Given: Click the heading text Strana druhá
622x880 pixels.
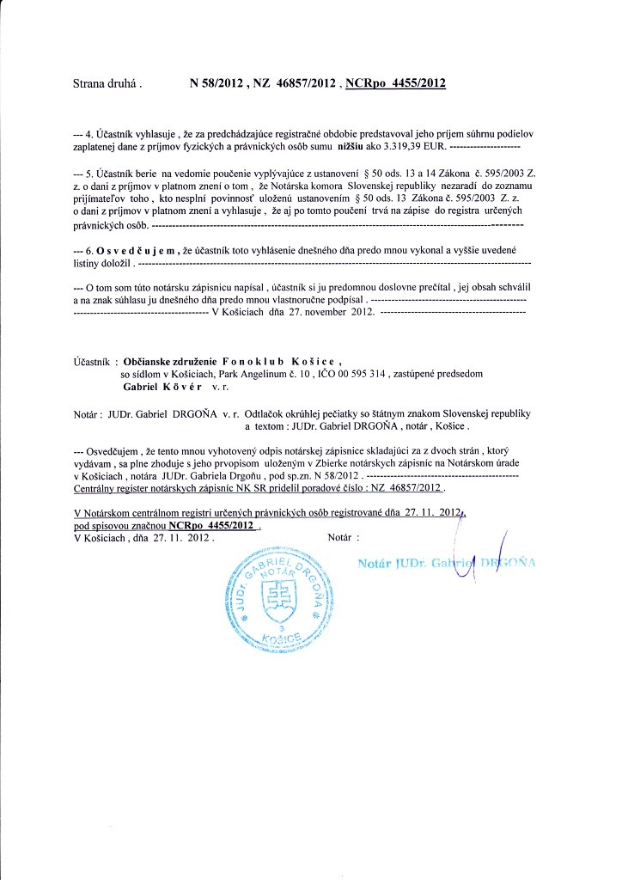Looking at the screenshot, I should [107, 84].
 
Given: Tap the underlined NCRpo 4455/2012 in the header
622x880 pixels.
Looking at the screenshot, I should [394, 83].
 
